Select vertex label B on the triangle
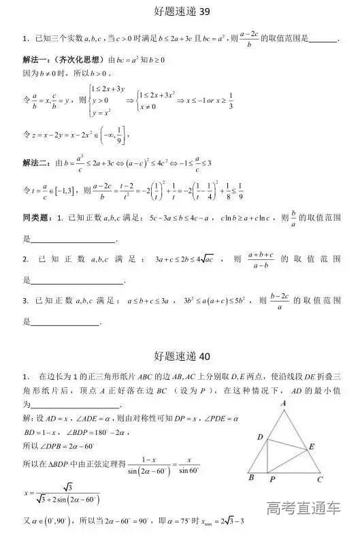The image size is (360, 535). (250, 479)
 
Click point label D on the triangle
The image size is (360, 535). (260, 436)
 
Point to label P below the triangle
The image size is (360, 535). (271, 479)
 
